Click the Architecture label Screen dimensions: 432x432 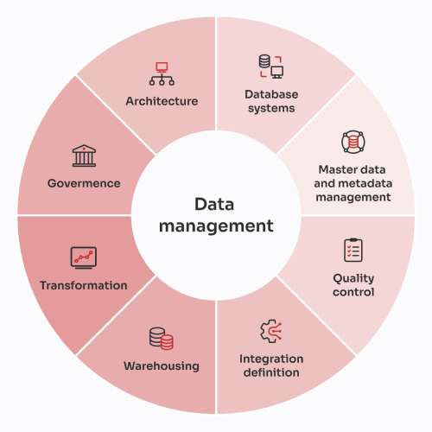pos(162,101)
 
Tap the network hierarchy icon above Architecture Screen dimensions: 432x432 pos(162,73)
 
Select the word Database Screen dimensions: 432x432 pos(271,94)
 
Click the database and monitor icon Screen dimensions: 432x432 pos(271,67)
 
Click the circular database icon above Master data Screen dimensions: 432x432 pos(353,142)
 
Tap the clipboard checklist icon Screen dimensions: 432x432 pos(353,250)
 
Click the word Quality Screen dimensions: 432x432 pos(353,279)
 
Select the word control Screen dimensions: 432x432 pos(353,292)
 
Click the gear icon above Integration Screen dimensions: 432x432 pos(271,331)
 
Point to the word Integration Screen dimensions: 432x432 pos(271,359)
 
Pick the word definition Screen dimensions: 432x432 pos(271,372)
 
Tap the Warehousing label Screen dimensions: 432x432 pos(162,366)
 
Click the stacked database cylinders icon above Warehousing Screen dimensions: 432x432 pos(162,339)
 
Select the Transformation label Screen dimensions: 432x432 pos(84,286)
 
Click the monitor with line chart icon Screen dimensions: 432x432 pos(84,257)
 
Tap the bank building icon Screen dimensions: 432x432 pos(84,156)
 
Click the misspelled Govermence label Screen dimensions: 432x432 pos(84,183)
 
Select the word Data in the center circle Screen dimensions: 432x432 pos(214,205)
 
